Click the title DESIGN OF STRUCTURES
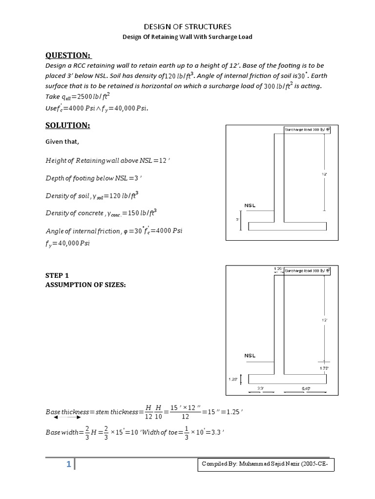click(187, 26)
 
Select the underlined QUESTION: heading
click(68, 55)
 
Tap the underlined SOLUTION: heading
click(68, 125)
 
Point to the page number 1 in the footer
click(69, 465)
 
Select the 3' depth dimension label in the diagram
click(237, 220)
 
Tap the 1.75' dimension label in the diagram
click(324, 369)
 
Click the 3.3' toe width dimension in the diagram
click(261, 388)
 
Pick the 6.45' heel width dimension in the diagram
click(306, 388)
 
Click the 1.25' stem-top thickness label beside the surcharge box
click(277, 269)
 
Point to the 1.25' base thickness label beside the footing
click(234, 378)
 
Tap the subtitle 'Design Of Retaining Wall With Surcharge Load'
click(187, 37)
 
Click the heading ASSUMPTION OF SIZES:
click(85, 285)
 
